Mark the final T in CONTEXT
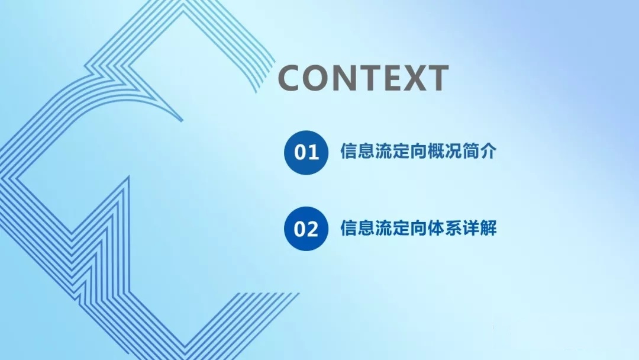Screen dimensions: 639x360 [x=438, y=78]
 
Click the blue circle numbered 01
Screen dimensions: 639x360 [x=306, y=153]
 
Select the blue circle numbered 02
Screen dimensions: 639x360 [x=306, y=229]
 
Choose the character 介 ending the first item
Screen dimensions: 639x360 [x=488, y=151]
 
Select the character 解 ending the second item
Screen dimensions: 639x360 [x=488, y=228]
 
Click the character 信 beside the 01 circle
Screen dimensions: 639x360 [x=348, y=151]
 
